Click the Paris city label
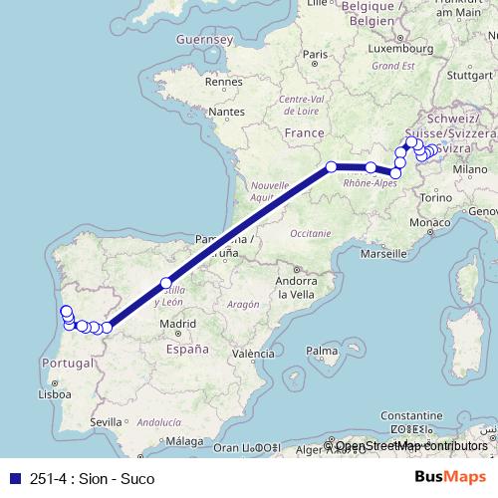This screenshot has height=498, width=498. tap(316, 55)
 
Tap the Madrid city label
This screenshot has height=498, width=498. tap(177, 323)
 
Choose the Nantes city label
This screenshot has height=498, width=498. tap(227, 114)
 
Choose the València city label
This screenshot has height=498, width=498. tap(253, 353)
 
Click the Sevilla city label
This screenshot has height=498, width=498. tap(106, 422)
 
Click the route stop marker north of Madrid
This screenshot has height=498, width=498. tap(166, 283)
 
